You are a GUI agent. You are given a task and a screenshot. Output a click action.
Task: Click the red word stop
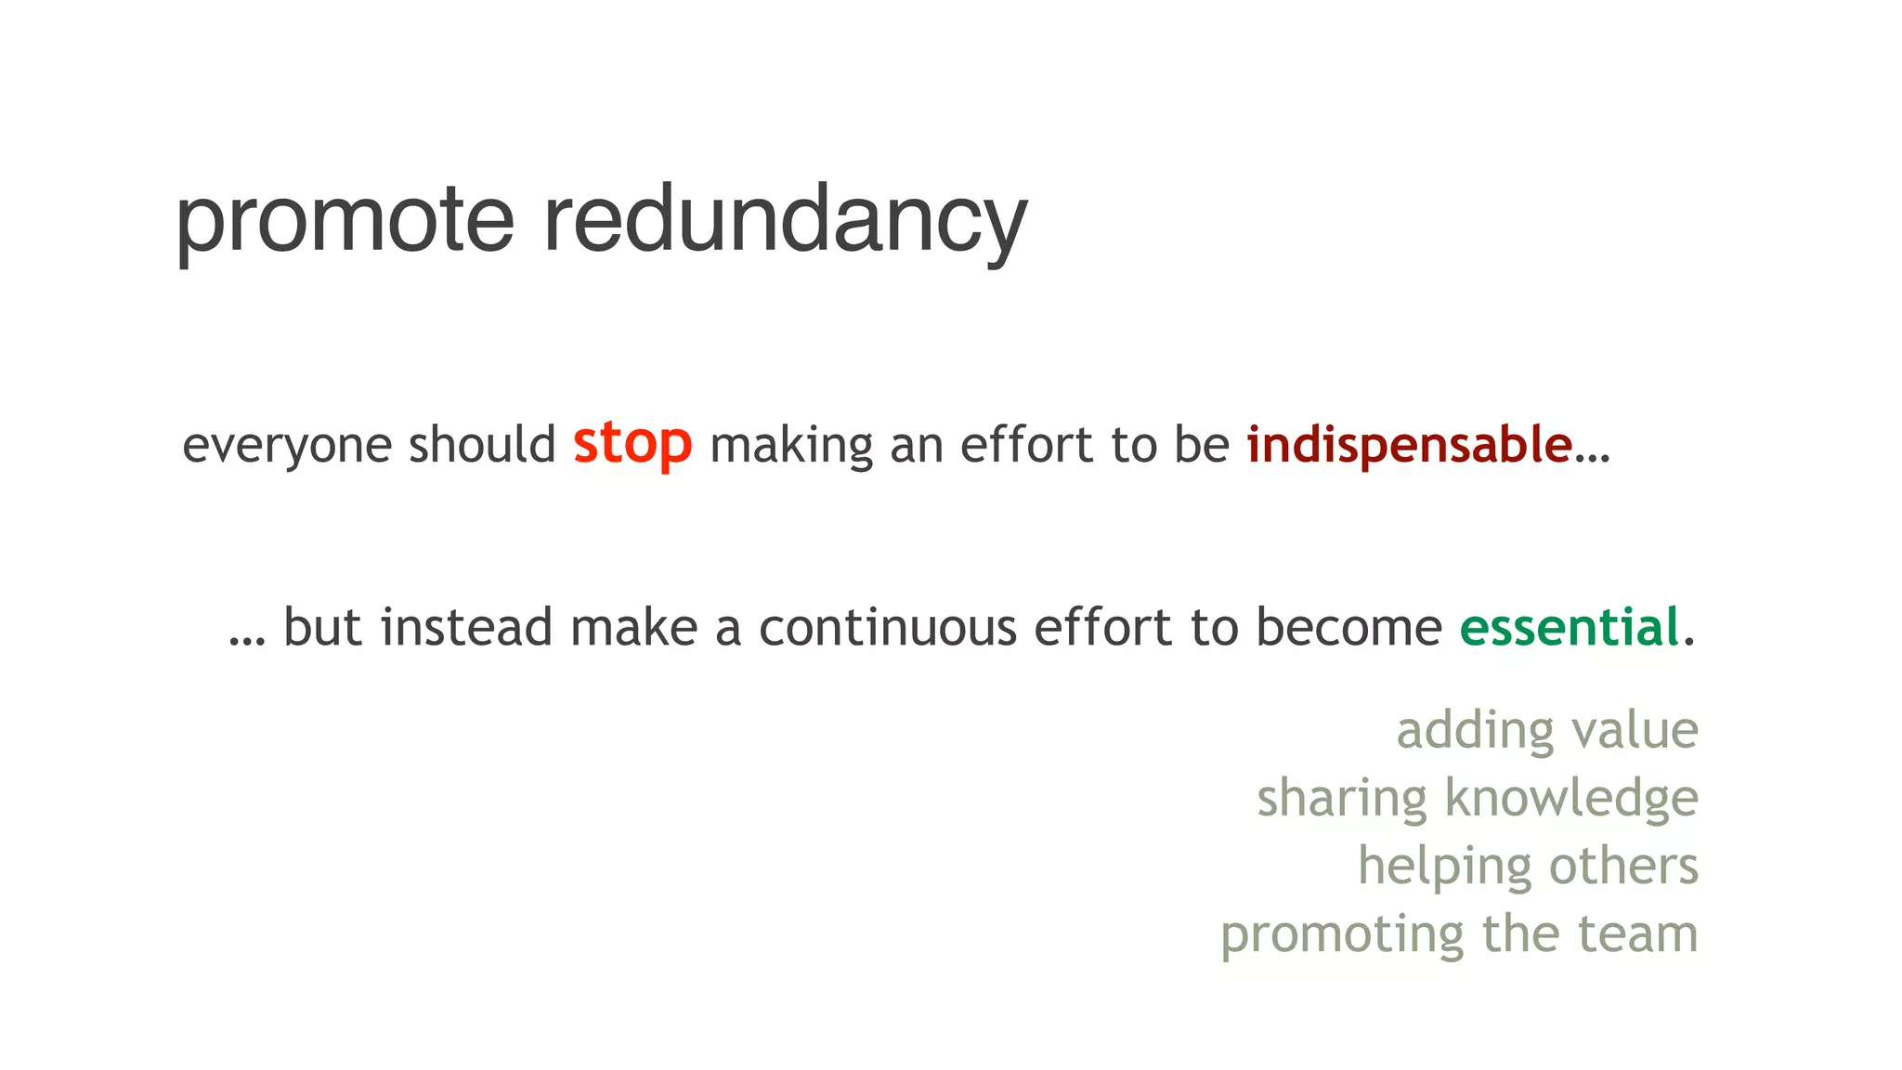click(632, 443)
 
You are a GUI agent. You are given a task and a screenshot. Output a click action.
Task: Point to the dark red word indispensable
click(1409, 444)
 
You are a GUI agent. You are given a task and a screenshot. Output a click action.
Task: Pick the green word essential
click(1570, 627)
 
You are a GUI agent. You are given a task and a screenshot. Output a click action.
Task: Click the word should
click(482, 444)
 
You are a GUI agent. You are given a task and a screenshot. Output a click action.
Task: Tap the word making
click(791, 444)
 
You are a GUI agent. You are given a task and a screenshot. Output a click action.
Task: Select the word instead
click(467, 627)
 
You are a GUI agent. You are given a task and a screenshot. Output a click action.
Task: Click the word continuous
click(888, 627)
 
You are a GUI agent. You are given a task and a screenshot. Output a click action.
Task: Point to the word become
click(1348, 627)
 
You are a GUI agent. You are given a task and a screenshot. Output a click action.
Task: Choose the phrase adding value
click(1547, 730)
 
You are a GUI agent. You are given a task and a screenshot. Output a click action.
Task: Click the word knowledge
click(1571, 798)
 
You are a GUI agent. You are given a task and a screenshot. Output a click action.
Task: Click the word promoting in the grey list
click(1342, 934)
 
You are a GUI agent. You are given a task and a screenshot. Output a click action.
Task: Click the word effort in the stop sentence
click(1026, 444)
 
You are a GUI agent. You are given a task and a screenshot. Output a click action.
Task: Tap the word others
click(1623, 866)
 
